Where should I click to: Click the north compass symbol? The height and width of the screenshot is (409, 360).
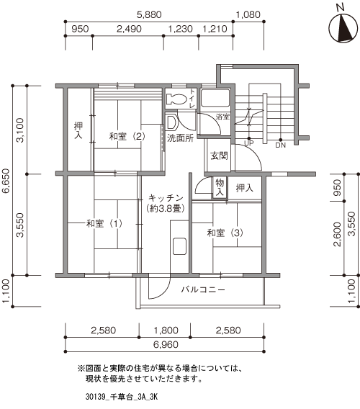click(x=343, y=28)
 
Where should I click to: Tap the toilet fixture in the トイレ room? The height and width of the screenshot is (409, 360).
click(x=176, y=99)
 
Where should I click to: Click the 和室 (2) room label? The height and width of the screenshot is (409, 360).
click(x=127, y=136)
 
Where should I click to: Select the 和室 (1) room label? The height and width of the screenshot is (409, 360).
click(x=104, y=223)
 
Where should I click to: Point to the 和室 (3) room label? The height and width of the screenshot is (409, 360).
click(x=225, y=233)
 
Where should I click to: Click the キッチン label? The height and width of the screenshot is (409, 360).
click(x=166, y=198)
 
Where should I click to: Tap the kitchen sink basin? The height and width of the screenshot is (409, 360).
click(x=179, y=246)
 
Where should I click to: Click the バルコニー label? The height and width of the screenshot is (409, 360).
click(x=203, y=289)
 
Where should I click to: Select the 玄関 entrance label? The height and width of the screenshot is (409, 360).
click(x=219, y=156)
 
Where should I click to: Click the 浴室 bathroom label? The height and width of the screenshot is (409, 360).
click(x=222, y=117)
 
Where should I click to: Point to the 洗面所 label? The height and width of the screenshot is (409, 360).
click(x=180, y=138)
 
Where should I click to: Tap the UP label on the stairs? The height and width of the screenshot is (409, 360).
click(x=248, y=143)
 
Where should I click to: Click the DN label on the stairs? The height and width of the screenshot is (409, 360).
click(x=280, y=145)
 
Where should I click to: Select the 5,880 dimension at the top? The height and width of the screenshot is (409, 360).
click(x=149, y=14)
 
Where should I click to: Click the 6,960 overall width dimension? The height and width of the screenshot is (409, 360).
click(x=166, y=344)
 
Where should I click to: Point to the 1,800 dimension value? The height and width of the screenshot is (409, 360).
click(x=166, y=331)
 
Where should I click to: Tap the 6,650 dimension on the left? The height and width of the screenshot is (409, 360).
click(x=6, y=181)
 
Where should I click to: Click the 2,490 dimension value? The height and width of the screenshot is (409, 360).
click(x=129, y=29)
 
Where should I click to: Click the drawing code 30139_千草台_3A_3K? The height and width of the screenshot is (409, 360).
click(x=122, y=397)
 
